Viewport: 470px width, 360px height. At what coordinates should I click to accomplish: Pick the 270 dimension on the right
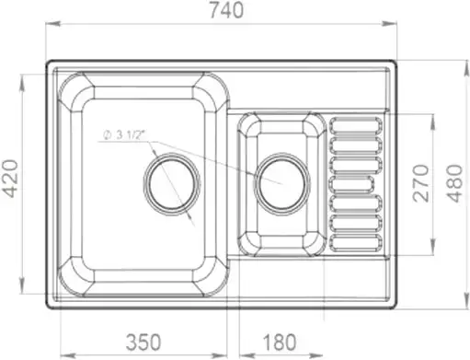(419, 182)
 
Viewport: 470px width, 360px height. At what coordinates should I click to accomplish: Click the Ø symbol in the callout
(108, 135)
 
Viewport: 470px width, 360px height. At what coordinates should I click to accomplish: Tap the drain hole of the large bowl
(170, 181)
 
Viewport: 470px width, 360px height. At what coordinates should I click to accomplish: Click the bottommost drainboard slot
(355, 243)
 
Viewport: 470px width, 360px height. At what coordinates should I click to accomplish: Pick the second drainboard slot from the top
(355, 144)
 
